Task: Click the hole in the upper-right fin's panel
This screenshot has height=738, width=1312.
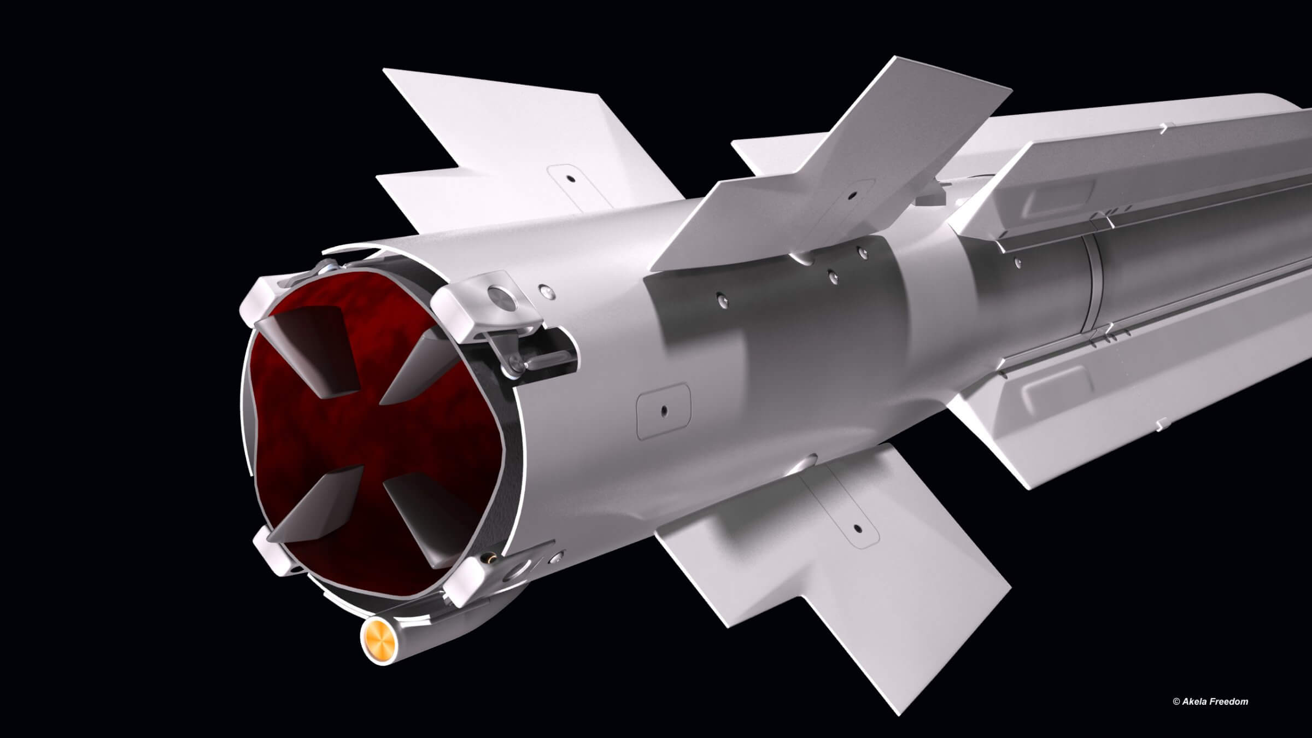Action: click(851, 194)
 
